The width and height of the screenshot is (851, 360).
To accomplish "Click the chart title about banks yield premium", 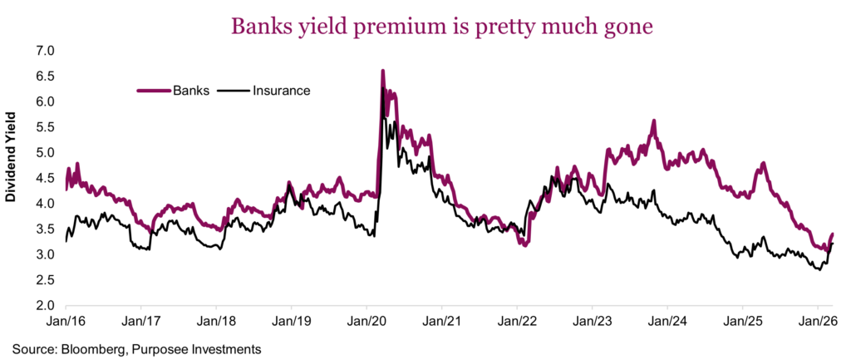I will coord(426,27).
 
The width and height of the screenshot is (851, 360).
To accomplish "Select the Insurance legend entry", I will coord(280,90).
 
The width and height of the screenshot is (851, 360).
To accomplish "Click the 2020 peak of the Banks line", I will coord(382,72).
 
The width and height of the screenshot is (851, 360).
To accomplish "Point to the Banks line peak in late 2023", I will coord(654,121).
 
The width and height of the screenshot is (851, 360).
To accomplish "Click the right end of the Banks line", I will coord(832,234).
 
